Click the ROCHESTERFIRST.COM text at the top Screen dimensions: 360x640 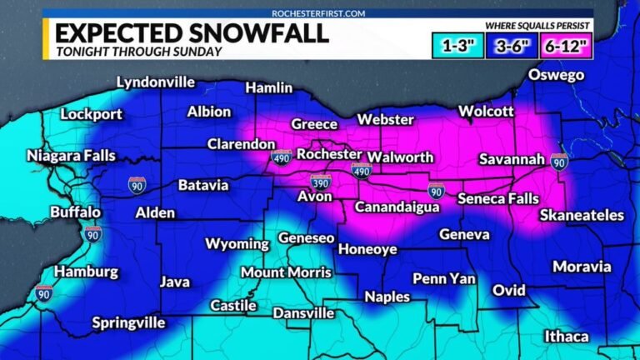320,13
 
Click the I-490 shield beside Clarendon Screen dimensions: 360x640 282,157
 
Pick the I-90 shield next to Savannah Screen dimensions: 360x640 559,161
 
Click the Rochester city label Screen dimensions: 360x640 329,155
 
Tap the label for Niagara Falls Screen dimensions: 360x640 72,156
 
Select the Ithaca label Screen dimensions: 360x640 566,337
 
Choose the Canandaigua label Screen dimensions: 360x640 397,207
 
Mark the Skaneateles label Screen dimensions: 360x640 582,215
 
